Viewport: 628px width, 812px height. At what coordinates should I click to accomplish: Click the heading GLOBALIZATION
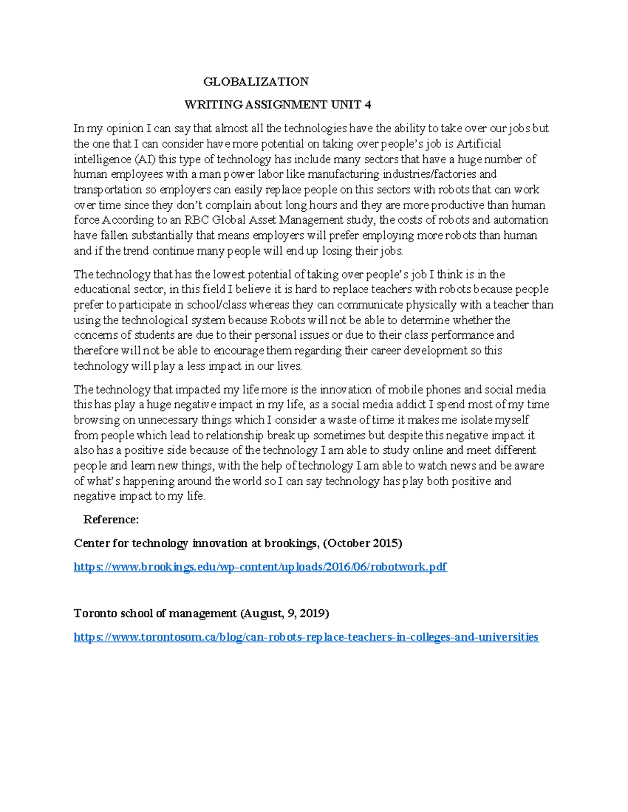(x=256, y=82)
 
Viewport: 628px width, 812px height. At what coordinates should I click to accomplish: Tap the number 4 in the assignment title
(x=368, y=105)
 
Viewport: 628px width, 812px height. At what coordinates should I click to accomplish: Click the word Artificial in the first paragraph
(x=478, y=144)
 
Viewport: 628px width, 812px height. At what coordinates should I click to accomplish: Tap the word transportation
(x=107, y=190)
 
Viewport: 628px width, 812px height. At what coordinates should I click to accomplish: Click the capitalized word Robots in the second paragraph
(x=287, y=320)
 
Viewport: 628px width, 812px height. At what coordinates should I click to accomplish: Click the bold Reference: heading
(x=111, y=520)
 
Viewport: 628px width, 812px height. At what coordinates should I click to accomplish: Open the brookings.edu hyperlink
(x=260, y=567)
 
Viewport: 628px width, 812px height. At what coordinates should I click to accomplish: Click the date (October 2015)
(x=362, y=543)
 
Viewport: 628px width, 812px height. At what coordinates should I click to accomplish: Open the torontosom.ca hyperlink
(x=306, y=637)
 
